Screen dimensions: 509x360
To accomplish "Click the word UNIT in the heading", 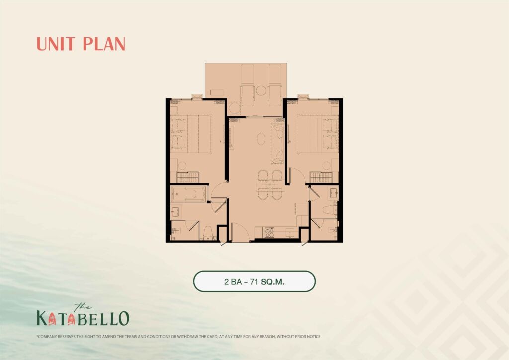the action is click(x=56, y=44).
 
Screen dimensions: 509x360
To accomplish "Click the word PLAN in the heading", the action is click(x=104, y=44).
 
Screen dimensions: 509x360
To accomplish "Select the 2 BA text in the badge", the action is click(x=233, y=282).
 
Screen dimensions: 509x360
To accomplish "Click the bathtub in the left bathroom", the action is click(x=189, y=194).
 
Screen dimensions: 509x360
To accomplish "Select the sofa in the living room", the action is click(x=277, y=142).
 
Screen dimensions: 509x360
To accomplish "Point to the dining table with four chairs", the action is click(x=269, y=184).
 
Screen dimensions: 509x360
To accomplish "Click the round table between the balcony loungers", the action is click(x=261, y=90).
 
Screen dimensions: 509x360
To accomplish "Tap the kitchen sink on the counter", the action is click(x=290, y=233).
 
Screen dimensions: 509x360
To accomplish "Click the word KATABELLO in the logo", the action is click(x=83, y=318).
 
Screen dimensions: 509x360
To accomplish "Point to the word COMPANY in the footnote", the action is click(x=47, y=337).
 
